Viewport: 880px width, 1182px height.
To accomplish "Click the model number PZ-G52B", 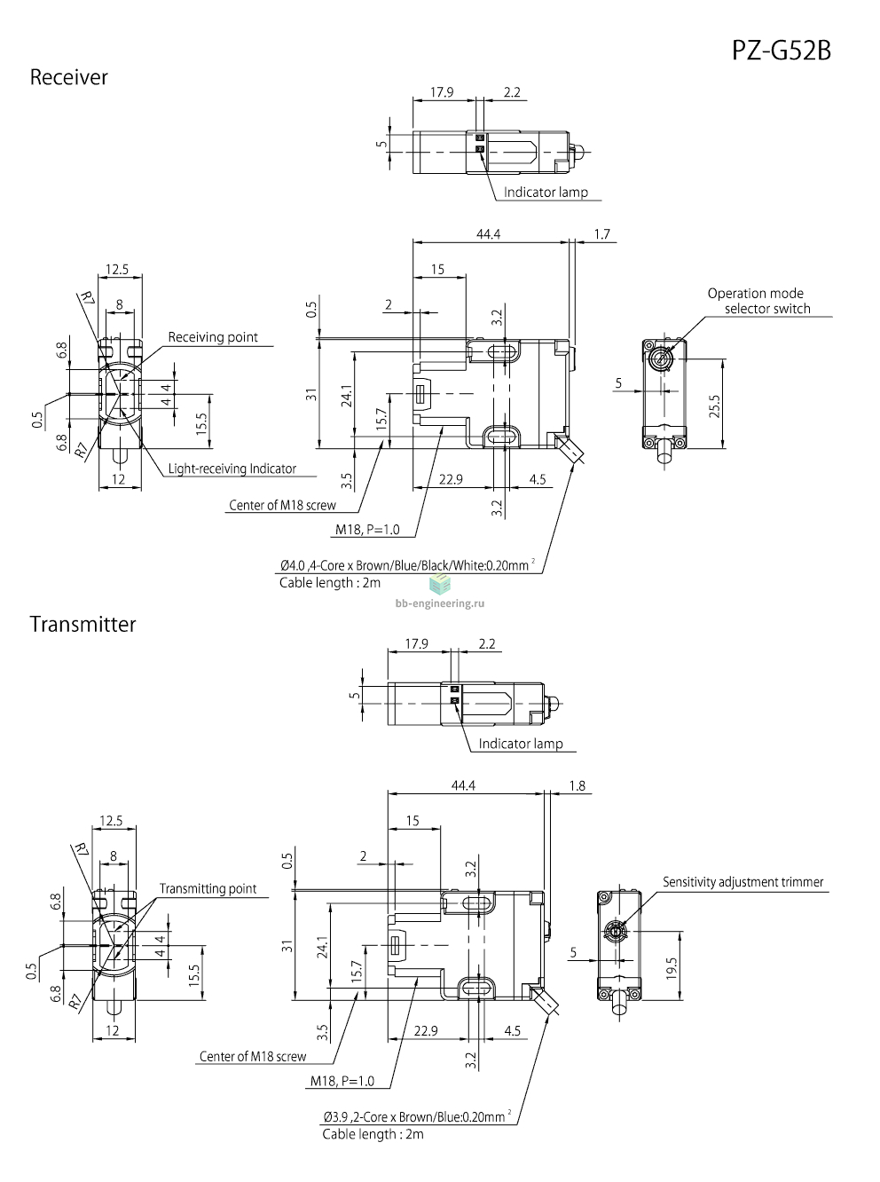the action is coord(781,51).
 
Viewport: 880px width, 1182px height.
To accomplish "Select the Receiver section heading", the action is coord(68,78).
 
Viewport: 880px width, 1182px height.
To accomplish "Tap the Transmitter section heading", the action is coord(82,625).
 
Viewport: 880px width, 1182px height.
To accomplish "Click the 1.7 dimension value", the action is coord(602,234).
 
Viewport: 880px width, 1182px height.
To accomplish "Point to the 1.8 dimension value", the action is coord(577,785).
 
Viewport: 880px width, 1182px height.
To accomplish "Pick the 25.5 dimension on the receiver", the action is coord(714,406).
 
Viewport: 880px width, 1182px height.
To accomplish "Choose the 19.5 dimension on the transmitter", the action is coord(672,968).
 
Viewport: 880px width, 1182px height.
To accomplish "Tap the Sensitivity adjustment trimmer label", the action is coord(742,882).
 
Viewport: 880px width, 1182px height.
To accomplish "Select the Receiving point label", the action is coord(213,337).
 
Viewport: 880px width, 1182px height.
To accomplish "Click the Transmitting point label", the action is coord(208,889).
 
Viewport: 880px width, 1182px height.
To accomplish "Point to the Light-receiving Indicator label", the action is coord(232,469).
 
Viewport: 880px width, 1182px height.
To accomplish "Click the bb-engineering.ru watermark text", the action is coord(440,603).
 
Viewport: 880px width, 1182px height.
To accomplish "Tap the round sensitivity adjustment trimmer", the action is coord(617,932).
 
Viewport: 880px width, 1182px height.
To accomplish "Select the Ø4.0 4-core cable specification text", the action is coord(407,565).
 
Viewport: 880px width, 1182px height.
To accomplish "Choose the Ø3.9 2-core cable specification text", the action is coord(417,1117).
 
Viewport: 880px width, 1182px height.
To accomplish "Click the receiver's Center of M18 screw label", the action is coord(282,505).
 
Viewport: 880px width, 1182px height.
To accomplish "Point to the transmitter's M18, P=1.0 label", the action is coord(342,1081).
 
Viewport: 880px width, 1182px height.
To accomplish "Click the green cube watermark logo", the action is coord(440,584).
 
